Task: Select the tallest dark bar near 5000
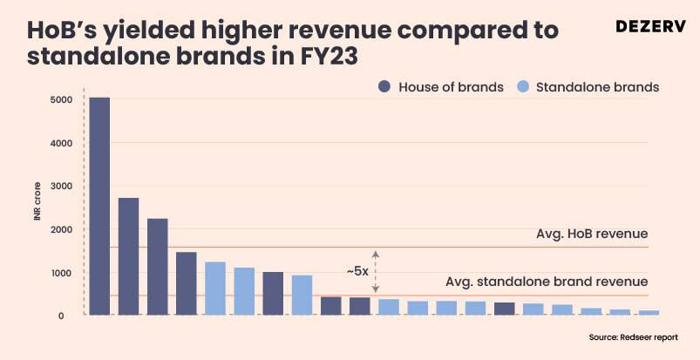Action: point(99,206)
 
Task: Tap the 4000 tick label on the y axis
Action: point(61,143)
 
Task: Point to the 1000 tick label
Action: point(61,273)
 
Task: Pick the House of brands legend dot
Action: point(384,87)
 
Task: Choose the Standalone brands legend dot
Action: point(522,87)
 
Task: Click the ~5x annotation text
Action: point(357,271)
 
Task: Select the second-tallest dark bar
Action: point(128,256)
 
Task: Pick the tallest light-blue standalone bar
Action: point(215,288)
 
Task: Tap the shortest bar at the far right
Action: point(649,312)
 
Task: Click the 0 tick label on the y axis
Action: point(61,316)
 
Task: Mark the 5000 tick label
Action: point(61,99)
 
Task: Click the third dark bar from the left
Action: point(157,267)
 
